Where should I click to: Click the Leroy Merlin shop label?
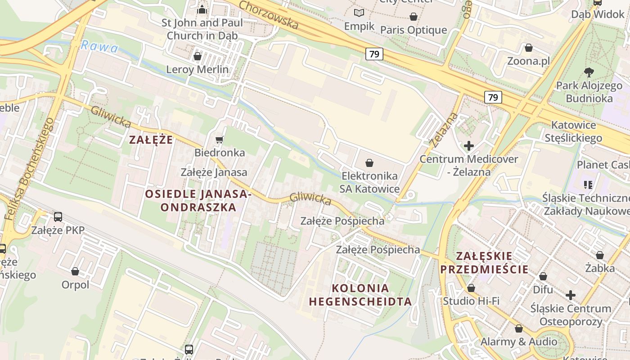point(198,70)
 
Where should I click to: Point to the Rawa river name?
point(99,47)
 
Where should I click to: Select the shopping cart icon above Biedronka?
point(220,139)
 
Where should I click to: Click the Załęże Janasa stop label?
point(214,172)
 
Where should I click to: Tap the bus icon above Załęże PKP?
point(58,217)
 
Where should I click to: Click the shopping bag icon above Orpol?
point(75,271)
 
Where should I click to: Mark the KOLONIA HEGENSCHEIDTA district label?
point(360,295)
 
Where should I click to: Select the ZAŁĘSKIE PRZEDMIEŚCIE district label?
point(484,263)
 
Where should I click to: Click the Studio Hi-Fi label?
point(471,301)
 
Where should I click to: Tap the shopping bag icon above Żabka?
point(600,255)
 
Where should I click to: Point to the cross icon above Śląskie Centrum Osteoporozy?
point(571,295)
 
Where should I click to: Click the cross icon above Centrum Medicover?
point(469,145)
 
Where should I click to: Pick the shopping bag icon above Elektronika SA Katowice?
point(369,162)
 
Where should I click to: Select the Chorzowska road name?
point(269,15)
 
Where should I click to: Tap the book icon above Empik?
point(359,13)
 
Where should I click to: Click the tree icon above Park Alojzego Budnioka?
point(589,72)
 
